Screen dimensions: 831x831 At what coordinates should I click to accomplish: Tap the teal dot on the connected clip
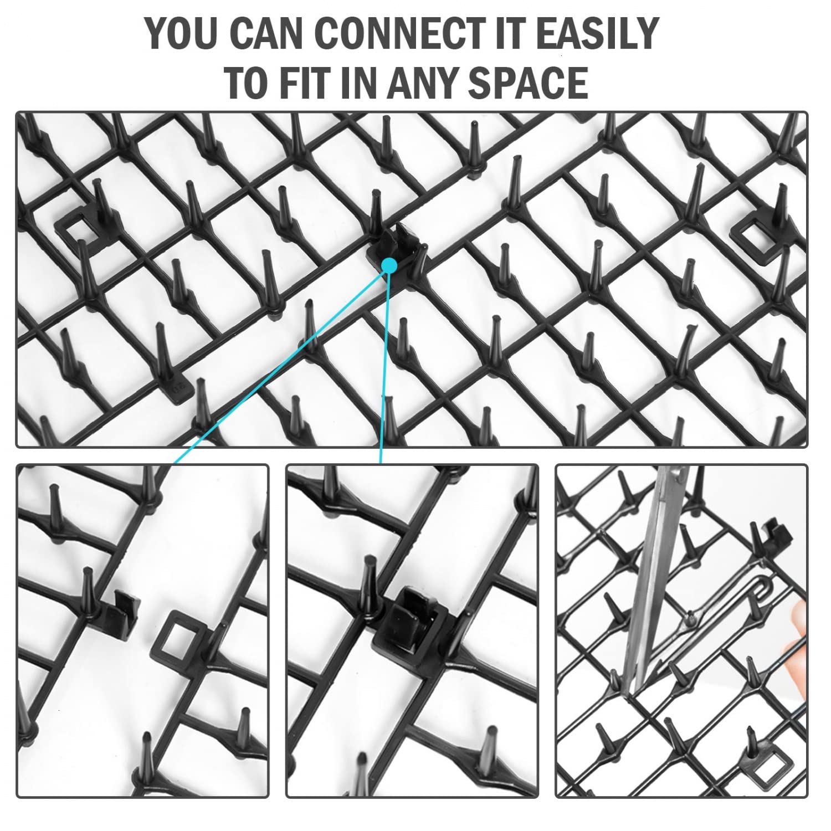tap(389, 265)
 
